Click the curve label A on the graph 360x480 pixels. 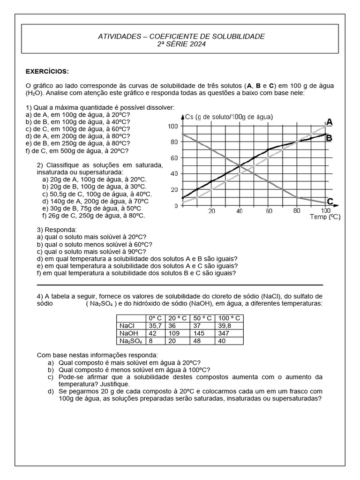pyautogui.click(x=330, y=122)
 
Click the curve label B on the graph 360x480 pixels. pyautogui.click(x=330, y=138)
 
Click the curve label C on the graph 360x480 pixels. pyautogui.click(x=330, y=202)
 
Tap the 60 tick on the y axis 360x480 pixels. pyautogui.click(x=173, y=158)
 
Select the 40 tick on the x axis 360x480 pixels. pyautogui.click(x=240, y=211)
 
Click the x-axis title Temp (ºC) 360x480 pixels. pyautogui.click(x=324, y=217)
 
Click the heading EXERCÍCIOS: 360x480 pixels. pyautogui.click(x=47, y=71)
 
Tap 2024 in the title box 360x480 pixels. pyautogui.click(x=195, y=44)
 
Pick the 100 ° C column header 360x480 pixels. pyautogui.click(x=229, y=318)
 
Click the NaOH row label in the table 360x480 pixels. pyautogui.click(x=127, y=333)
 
